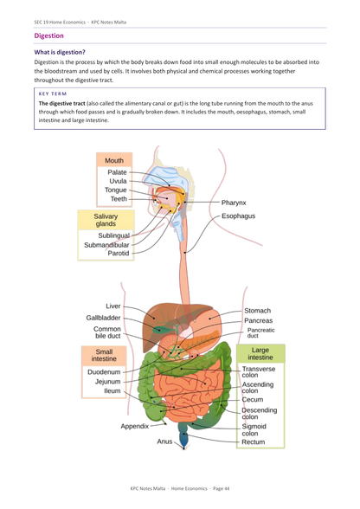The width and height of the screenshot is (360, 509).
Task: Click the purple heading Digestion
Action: pos(48,35)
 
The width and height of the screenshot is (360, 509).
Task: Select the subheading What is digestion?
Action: pos(60,52)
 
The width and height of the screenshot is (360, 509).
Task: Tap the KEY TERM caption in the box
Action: pos(53,93)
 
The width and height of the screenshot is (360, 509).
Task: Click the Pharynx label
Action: pos(234,203)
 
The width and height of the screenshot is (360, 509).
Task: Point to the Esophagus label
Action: pos(239,216)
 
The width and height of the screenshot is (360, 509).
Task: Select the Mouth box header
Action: pos(114,160)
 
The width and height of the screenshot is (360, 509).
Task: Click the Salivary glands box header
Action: pos(106,220)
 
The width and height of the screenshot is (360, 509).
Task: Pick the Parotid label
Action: pos(119,253)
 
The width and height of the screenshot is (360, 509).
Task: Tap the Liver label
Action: pos(113,306)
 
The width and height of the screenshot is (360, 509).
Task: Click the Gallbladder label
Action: pos(103,318)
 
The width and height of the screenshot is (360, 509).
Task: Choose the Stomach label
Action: pos(257,311)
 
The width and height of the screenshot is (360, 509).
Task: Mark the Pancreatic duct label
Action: pos(260,332)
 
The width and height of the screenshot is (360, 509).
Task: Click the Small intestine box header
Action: pos(104,355)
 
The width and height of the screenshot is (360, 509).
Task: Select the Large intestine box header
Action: pos(260,353)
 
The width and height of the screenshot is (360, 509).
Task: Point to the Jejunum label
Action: pos(108,382)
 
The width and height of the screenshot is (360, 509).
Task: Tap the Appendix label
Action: pos(135,426)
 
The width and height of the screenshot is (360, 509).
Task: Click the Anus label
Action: pos(164,441)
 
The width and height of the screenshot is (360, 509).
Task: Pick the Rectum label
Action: pos(254,441)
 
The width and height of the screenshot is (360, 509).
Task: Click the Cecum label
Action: pos(253,400)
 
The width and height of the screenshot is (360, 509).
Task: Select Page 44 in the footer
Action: pos(221,488)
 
